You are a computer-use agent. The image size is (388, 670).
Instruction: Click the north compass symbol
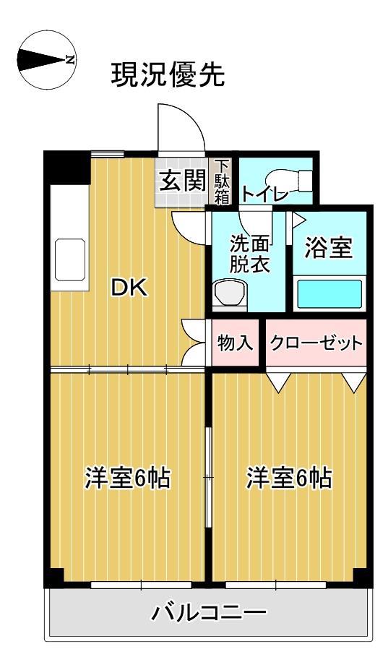click(46, 60)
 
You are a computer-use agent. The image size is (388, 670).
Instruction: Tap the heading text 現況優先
click(168, 74)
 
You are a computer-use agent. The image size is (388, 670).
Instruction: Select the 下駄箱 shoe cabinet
click(223, 181)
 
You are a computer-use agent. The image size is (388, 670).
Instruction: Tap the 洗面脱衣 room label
click(249, 254)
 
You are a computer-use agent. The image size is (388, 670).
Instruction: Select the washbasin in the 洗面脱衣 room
click(231, 294)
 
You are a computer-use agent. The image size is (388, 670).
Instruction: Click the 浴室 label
click(329, 248)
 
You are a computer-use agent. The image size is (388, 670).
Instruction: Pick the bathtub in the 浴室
click(329, 294)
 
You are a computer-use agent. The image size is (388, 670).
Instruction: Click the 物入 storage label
click(235, 343)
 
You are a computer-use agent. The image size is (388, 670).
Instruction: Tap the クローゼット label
click(316, 343)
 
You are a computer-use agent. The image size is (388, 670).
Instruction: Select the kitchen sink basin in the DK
click(71, 259)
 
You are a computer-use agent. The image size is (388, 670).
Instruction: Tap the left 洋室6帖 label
click(127, 478)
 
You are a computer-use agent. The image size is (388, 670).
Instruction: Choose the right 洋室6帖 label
click(288, 478)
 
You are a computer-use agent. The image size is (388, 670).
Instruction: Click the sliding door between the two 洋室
click(208, 477)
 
